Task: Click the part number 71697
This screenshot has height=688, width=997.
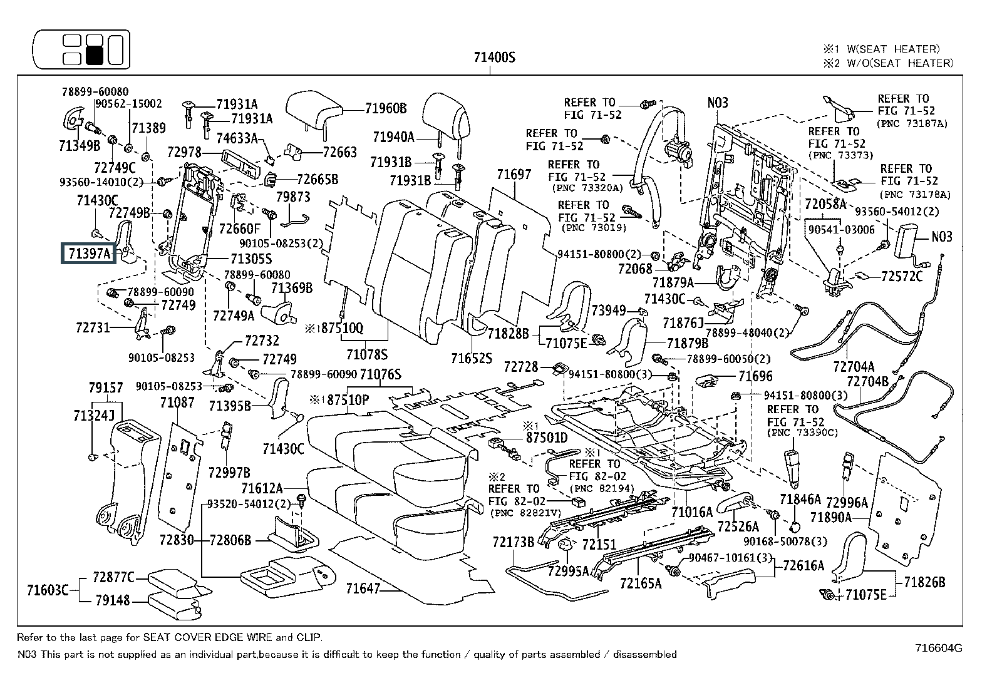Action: pos(514,175)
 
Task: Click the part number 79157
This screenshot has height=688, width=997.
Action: pos(106,388)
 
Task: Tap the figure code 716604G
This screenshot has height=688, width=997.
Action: pos(938,648)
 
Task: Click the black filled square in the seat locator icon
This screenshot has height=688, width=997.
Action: pos(95,56)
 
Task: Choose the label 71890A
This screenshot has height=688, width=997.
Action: pos(830,517)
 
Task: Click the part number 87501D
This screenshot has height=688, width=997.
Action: pos(546,438)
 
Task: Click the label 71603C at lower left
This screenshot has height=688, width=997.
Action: pos(48,590)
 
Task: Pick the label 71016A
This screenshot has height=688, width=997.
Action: pos(692,512)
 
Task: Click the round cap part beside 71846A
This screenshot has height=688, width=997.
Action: pos(795,526)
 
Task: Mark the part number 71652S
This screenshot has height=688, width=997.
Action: pos(471,357)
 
